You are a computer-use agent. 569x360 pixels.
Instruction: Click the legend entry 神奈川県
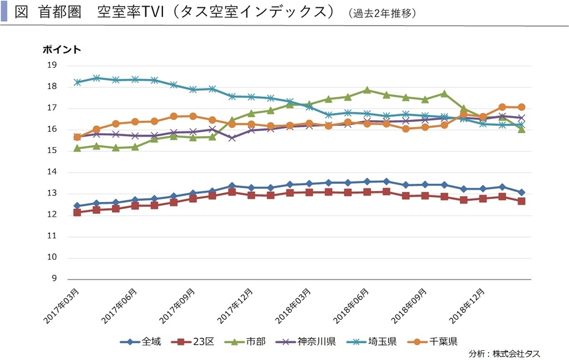[317, 342]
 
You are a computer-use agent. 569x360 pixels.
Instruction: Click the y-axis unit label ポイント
[62, 50]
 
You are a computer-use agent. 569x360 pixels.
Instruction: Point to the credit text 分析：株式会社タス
[504, 353]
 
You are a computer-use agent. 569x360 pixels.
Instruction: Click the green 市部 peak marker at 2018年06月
[367, 90]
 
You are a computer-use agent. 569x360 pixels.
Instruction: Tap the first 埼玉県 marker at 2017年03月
[77, 82]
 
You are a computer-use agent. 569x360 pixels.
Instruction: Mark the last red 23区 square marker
[521, 201]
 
